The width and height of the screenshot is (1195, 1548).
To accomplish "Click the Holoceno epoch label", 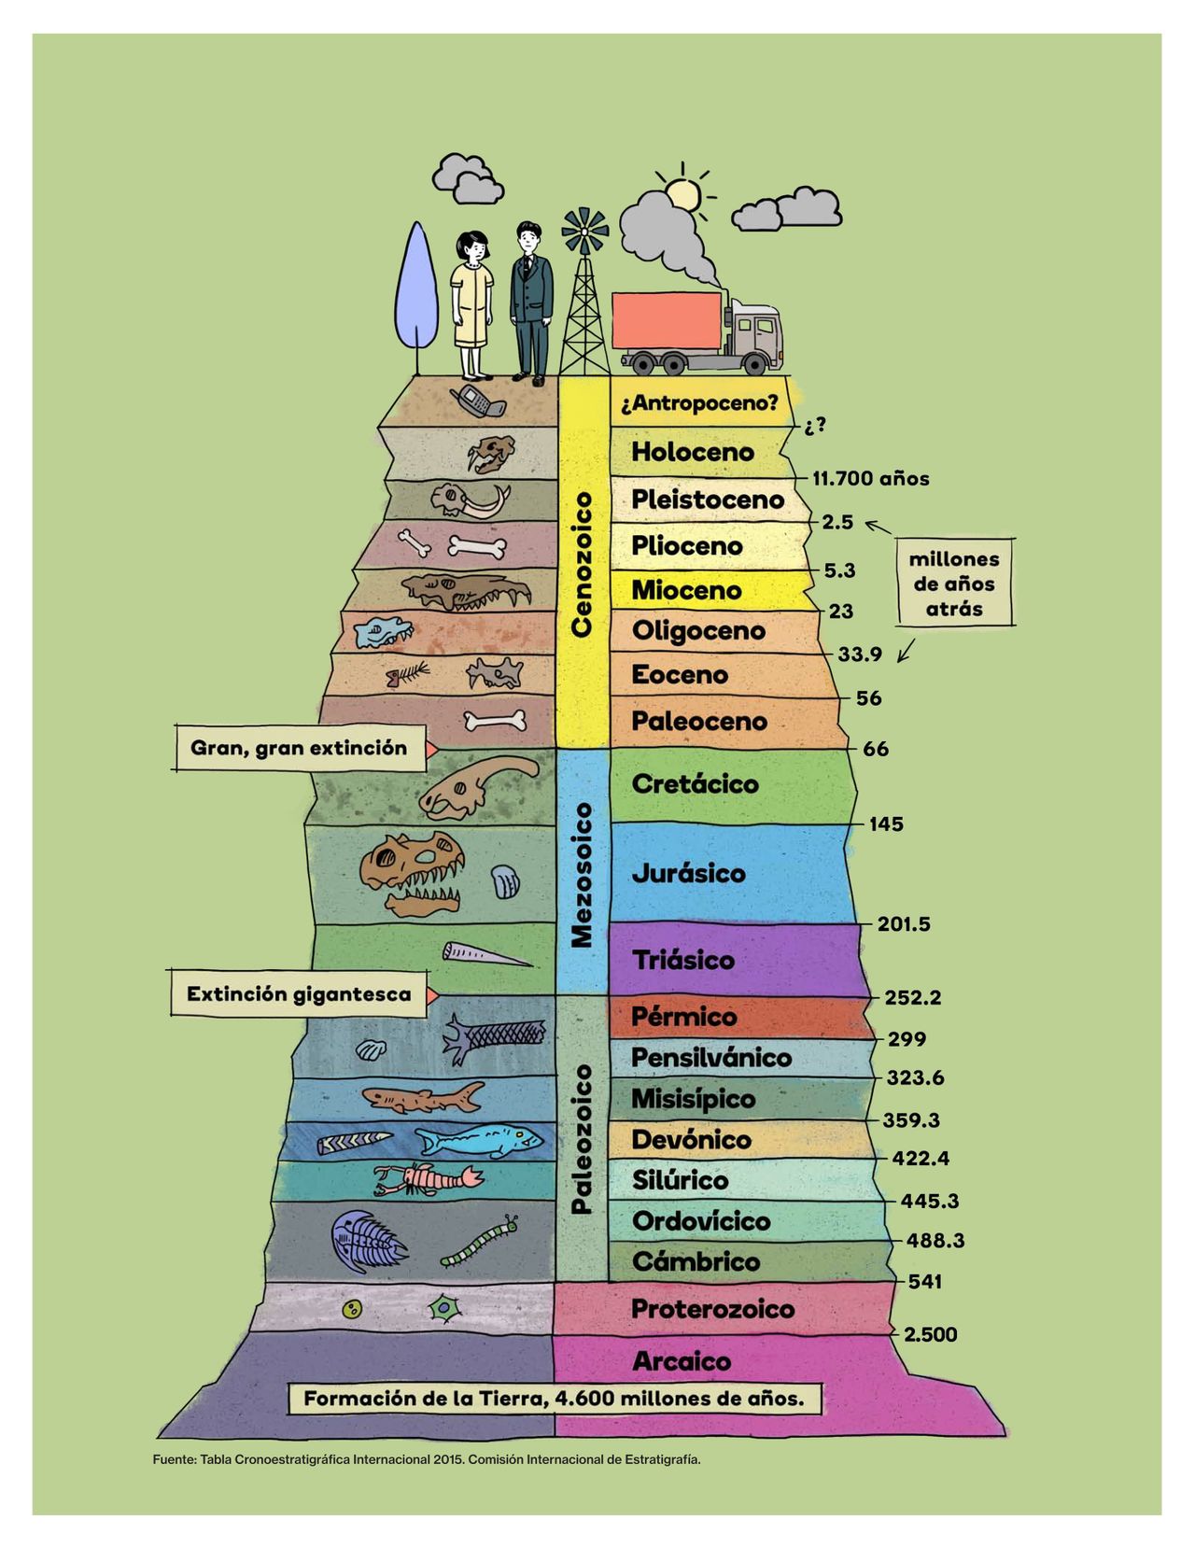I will [692, 452].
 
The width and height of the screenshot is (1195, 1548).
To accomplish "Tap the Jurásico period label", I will [689, 874].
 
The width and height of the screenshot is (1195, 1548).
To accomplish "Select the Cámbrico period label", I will [696, 1262].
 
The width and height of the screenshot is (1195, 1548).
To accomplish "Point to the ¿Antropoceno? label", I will [698, 404].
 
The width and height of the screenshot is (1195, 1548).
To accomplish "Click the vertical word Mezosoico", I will [582, 875].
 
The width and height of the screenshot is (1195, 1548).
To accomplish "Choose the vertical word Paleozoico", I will [582, 1138].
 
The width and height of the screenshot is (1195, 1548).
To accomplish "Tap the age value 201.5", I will [903, 924].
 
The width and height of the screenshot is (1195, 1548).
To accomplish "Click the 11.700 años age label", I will [870, 479].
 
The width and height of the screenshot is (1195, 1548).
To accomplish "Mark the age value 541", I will [924, 1282].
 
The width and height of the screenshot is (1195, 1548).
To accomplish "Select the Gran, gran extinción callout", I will [299, 749].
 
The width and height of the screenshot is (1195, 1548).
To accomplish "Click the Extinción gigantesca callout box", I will [299, 994].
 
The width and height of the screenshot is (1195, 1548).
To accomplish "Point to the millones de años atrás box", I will [953, 584].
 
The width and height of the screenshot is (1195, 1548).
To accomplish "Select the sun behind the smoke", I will [682, 194].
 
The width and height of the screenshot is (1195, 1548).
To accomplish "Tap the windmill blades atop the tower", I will [584, 230].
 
